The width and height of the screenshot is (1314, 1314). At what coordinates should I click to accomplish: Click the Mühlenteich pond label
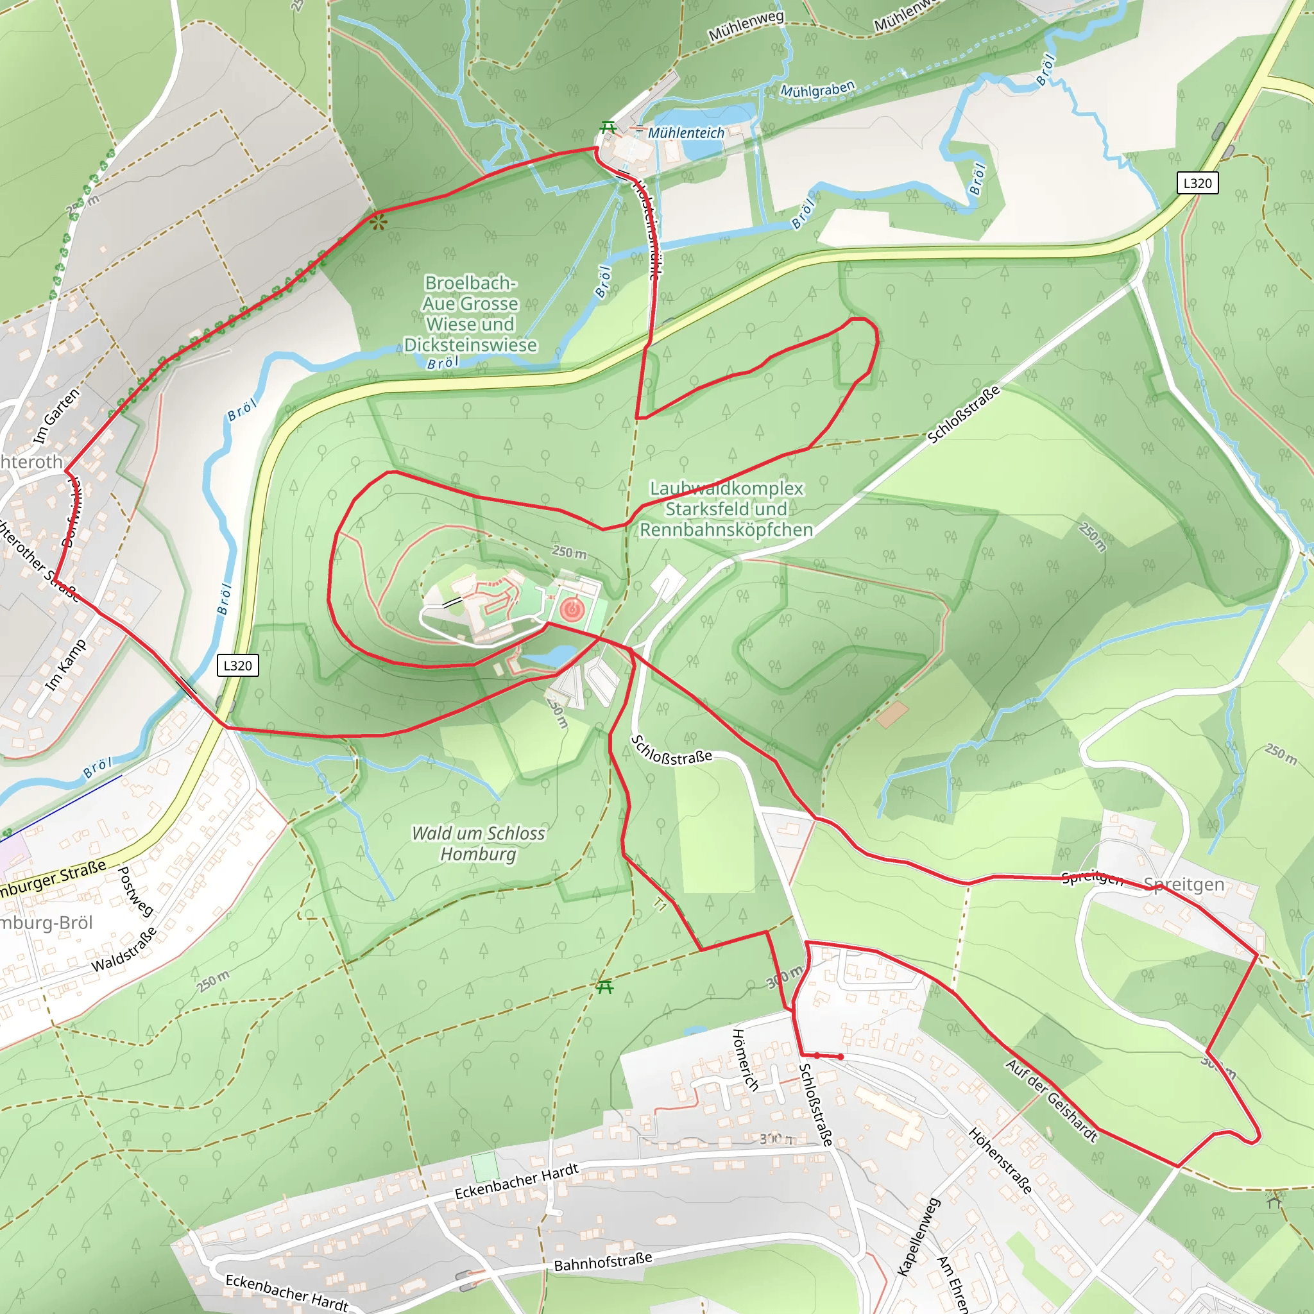tap(686, 133)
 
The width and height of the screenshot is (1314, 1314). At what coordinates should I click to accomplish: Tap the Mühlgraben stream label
tap(817, 90)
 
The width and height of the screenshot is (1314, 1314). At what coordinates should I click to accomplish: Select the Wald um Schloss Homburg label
tap(478, 843)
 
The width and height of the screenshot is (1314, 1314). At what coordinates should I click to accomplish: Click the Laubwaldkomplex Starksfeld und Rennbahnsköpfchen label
tap(726, 509)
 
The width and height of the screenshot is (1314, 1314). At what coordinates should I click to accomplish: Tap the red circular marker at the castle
tap(572, 609)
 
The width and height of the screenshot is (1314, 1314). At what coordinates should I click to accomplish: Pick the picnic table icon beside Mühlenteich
tap(608, 128)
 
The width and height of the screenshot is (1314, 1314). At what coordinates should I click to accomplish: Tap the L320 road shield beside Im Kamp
tap(237, 665)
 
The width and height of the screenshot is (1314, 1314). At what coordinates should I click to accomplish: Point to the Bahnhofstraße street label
tap(602, 1262)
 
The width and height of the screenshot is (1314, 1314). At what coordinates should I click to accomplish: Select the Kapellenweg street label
tap(919, 1236)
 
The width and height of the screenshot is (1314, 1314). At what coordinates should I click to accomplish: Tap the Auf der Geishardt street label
tap(1052, 1100)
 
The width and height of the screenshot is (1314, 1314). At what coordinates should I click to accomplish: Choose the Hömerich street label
tap(745, 1060)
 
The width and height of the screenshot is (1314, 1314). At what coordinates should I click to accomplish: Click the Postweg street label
tap(135, 892)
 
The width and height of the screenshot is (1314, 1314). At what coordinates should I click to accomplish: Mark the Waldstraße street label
tap(124, 950)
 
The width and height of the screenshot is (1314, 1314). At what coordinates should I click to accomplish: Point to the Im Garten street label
tap(56, 416)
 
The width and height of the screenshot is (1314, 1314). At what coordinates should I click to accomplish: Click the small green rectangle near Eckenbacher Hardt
tap(485, 1167)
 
